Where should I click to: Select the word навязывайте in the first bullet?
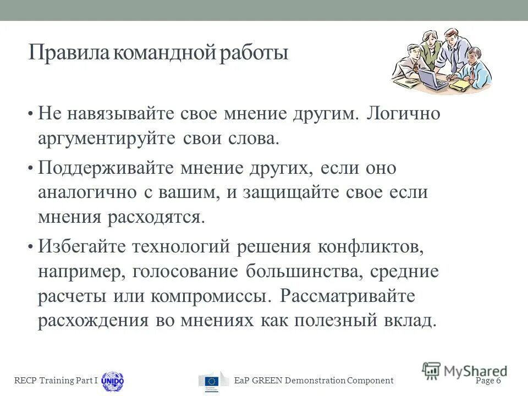(122, 115)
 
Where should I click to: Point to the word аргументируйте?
(107, 139)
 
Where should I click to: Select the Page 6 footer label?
(488, 381)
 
